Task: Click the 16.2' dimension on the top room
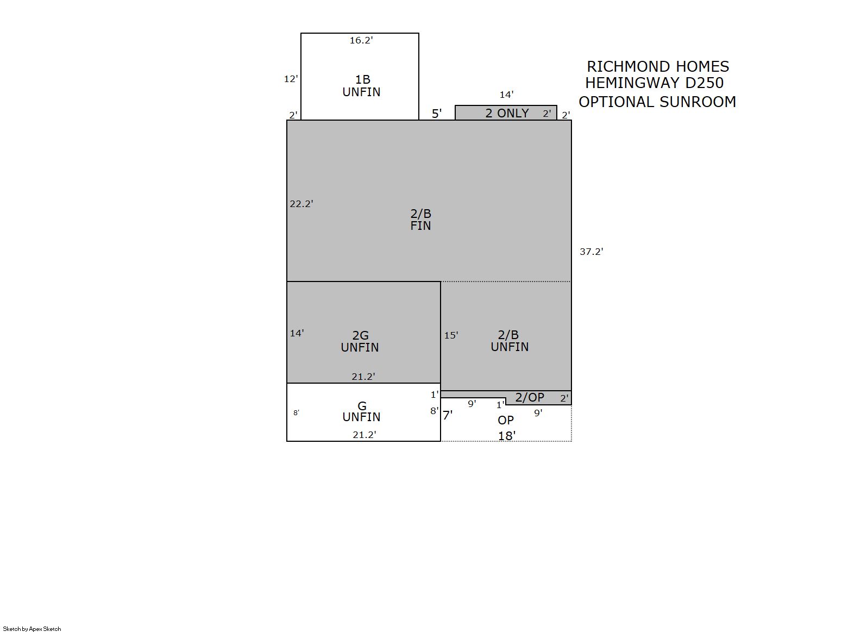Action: [361, 40]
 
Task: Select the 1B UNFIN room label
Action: [361, 86]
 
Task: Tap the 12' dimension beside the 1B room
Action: [291, 79]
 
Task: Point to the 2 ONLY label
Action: [507, 113]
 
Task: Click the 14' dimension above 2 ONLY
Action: [506, 95]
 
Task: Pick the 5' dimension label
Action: [437, 114]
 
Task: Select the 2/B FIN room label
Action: [420, 220]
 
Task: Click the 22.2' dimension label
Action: [301, 204]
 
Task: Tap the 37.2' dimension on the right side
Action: [591, 252]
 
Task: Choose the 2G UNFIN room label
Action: [360, 341]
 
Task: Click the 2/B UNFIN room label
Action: [510, 341]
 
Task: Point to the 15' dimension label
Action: [451, 335]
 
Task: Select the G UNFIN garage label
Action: [361, 411]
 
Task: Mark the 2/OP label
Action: [529, 397]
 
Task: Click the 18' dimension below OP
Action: [507, 436]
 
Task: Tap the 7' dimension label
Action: [448, 415]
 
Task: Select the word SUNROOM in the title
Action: [697, 102]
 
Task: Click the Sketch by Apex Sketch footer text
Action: [32, 629]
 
